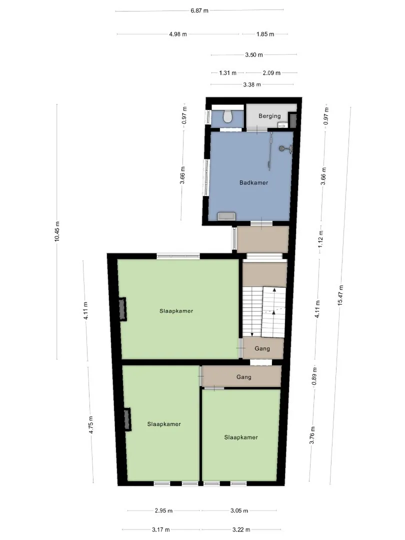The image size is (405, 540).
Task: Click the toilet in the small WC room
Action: click(x=227, y=116)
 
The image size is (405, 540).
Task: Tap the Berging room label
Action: click(x=269, y=116)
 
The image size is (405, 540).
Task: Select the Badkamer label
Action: click(x=254, y=182)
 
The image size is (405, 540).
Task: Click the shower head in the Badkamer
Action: click(x=281, y=148)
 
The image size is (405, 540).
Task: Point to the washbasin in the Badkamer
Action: click(x=226, y=216)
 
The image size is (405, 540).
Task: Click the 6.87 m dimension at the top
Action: click(x=199, y=10)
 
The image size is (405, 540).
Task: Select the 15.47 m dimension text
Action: click(x=340, y=295)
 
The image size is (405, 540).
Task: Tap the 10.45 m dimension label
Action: click(x=57, y=231)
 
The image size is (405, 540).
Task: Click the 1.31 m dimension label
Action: click(x=227, y=72)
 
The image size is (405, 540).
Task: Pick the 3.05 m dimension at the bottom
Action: click(x=239, y=510)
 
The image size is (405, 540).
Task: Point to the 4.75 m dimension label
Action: click(x=91, y=425)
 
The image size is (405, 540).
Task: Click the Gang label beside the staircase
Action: click(x=262, y=348)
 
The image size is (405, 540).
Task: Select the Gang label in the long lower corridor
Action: click(x=244, y=377)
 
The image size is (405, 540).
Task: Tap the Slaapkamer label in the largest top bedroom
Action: click(x=176, y=311)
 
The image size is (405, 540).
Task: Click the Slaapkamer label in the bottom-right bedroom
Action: click(x=241, y=437)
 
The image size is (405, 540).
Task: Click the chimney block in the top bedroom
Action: click(x=122, y=309)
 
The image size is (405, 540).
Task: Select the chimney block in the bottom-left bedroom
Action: click(x=127, y=419)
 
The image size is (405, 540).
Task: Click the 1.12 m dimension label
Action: click(x=320, y=239)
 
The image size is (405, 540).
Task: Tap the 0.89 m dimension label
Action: click(x=314, y=376)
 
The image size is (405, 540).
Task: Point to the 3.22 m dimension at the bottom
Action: click(x=241, y=529)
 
